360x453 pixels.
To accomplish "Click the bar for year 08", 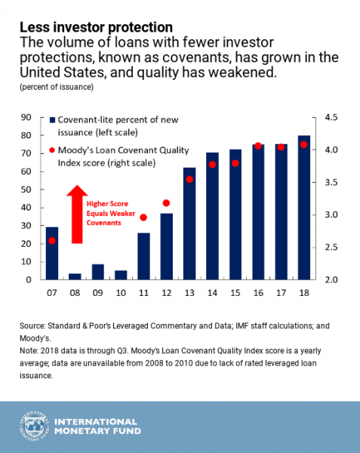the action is (75, 276).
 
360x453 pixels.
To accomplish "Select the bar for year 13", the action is (189, 223).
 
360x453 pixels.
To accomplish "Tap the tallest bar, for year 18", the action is (304, 208).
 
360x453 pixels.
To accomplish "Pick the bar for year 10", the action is (121, 275).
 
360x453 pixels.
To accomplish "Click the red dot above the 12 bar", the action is (166, 203).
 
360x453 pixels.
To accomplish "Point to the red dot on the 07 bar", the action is (52, 241).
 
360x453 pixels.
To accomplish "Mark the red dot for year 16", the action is (258, 146).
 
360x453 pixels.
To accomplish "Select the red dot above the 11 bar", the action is (143, 217).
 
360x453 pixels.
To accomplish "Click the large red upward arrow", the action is (77, 214).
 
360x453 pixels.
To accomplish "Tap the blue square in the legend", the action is (52, 120).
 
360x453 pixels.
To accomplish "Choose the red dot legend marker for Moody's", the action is (52, 150).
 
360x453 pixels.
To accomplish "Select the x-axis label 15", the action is (235, 293).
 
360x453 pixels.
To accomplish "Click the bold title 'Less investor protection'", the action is (96, 27).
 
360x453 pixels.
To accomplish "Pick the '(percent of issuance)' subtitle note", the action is (57, 87).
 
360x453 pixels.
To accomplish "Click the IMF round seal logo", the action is (35, 426).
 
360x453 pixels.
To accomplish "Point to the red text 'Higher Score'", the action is (107, 204).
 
